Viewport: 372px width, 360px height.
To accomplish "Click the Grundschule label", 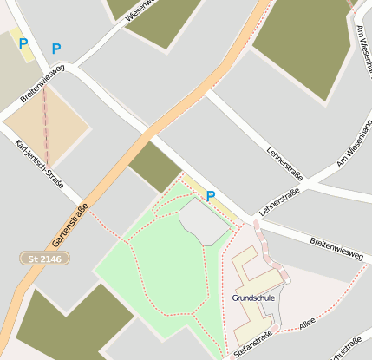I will (253, 298).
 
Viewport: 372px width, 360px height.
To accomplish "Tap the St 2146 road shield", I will (44, 259).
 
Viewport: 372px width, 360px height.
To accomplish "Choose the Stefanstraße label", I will (252, 344).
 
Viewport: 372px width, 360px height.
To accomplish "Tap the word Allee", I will (306, 327).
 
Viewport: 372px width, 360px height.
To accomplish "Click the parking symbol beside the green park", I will (210, 197).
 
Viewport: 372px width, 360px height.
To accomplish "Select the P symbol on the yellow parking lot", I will (23, 43).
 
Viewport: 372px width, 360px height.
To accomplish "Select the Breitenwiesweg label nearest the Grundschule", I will (336, 246).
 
